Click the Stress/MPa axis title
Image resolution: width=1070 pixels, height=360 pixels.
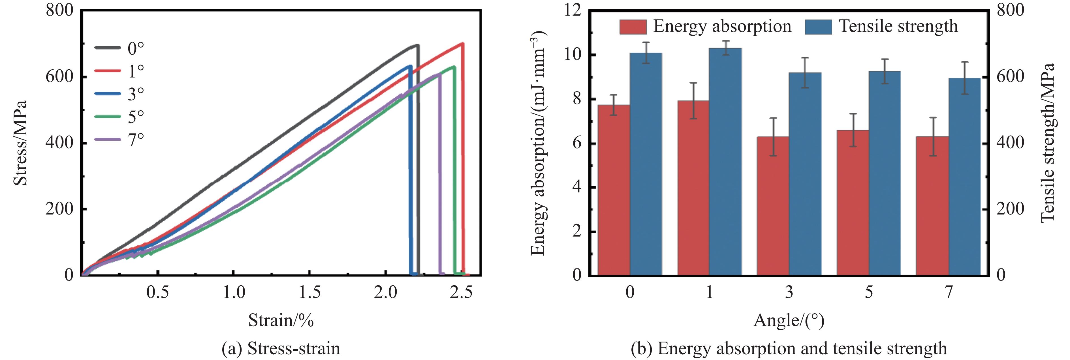tap(20, 142)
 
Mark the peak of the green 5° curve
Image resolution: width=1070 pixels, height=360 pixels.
tap(454, 67)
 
